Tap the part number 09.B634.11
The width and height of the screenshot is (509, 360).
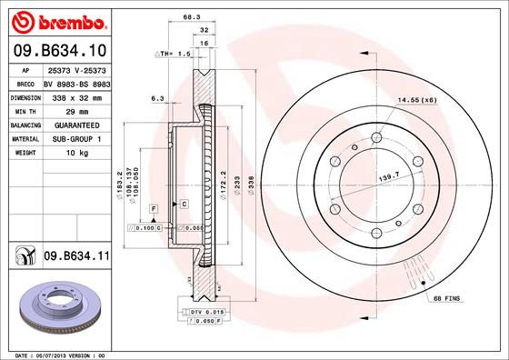tap(75, 257)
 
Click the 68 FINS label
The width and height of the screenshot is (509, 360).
tap(447, 299)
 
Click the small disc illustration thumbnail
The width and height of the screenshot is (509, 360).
tap(56, 305)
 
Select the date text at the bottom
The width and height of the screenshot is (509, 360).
tap(55, 354)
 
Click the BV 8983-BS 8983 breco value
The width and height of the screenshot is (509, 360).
tap(75, 83)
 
